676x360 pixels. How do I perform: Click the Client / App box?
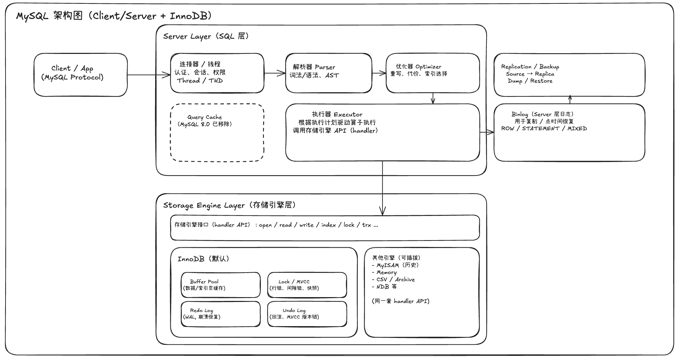point(81,75)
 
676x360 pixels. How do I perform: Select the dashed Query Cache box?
point(217,133)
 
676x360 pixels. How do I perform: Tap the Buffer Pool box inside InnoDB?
point(220,285)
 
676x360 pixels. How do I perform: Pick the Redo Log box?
point(220,314)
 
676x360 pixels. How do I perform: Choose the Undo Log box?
point(307,314)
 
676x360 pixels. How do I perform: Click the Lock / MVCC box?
point(307,285)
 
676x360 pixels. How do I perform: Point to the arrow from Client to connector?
point(149,75)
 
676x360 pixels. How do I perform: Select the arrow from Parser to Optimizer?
point(379,73)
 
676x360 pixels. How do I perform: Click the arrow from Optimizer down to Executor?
point(433,98)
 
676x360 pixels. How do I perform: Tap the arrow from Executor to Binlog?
point(487,132)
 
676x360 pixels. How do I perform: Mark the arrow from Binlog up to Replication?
point(570,100)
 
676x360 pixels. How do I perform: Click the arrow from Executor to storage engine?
point(382,188)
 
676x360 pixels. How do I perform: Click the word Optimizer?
point(428,67)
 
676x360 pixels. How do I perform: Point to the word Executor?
point(348,114)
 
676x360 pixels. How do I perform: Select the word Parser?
point(325,67)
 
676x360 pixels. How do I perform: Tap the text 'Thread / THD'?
point(200,80)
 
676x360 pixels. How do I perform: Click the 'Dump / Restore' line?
point(530,81)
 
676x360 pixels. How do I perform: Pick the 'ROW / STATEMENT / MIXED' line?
point(544,129)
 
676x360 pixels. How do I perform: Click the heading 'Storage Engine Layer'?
point(204,206)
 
